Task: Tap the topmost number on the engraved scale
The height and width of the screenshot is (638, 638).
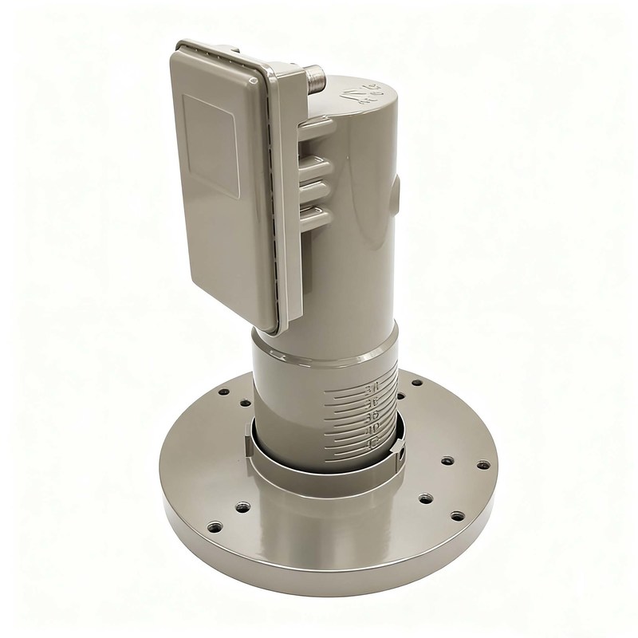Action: [x=369, y=388]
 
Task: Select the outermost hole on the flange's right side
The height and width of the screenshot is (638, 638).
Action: [x=482, y=464]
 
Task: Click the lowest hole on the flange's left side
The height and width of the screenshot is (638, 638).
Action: [x=215, y=527]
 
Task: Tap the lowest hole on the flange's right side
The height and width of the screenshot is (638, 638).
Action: [x=456, y=515]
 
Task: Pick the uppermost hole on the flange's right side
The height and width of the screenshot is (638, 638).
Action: [x=416, y=383]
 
